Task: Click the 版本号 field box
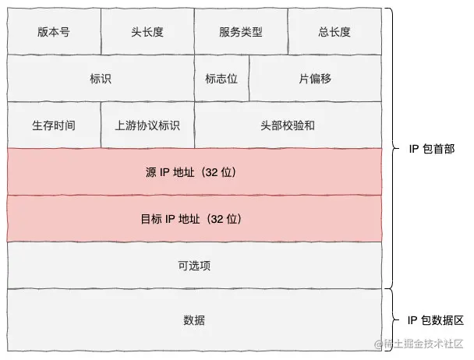(53, 32)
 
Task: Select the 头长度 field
(147, 32)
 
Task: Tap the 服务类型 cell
(240, 32)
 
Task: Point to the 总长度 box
(334, 32)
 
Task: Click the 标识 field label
(101, 79)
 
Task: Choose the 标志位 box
(221, 79)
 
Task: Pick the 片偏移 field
(315, 79)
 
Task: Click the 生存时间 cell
(53, 125)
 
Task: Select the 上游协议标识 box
(147, 125)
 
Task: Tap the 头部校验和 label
(288, 125)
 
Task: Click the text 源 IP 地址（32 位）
(194, 172)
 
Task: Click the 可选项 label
(194, 266)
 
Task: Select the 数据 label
(194, 320)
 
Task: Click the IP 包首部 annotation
(431, 149)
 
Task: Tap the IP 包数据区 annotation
(436, 320)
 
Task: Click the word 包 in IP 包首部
(426, 149)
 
